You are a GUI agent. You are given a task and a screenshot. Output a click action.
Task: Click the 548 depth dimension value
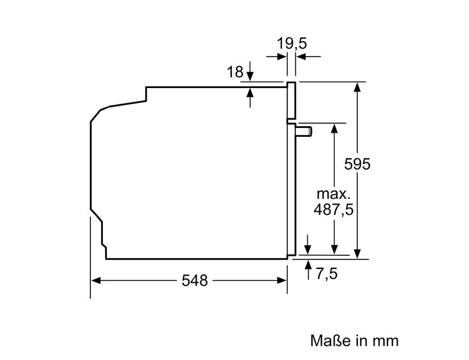194,281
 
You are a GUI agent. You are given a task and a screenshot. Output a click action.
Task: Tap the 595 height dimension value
357,164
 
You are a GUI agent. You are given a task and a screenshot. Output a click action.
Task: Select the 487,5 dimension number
333,209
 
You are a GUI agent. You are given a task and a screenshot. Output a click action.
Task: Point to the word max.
333,194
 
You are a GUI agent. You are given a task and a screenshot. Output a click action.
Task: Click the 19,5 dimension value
292,43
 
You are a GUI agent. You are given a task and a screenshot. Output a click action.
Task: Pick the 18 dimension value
235,72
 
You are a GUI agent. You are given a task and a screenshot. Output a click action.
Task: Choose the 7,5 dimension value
326,274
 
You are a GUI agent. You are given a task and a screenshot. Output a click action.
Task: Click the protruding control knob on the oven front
304,132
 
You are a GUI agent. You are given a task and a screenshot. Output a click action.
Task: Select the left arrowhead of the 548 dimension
96,280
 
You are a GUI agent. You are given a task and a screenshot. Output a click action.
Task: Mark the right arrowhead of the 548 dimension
282,280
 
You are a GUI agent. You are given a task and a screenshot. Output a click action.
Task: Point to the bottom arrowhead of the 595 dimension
357,253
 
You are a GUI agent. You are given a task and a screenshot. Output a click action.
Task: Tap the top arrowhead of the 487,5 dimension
335,128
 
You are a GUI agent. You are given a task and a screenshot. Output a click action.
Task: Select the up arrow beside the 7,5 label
308,270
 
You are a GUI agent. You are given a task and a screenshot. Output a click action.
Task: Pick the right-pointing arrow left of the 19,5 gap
276,57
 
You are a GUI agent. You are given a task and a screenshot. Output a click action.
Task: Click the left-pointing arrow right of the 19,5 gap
309,57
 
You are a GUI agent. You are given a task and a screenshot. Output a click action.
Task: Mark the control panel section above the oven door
291,101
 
